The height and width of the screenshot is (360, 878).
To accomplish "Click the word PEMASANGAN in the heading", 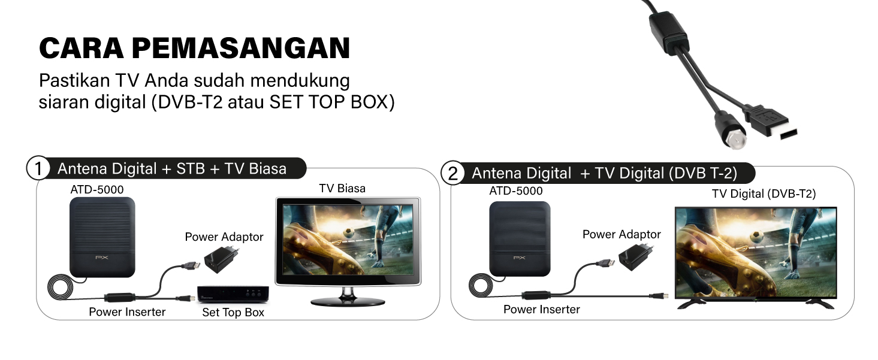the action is tap(241, 48).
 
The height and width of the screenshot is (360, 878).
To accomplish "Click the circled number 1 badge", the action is tap(38, 168).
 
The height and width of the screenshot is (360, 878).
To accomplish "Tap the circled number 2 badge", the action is tap(452, 173).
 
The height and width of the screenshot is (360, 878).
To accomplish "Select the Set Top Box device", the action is tap(233, 294).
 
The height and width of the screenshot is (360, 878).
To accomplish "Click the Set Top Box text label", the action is tap(233, 312).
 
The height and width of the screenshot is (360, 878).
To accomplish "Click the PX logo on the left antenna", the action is tap(102, 258).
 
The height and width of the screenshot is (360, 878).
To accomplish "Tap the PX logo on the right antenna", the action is tap(520, 258).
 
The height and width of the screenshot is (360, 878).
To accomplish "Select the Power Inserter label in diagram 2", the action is tap(541, 309).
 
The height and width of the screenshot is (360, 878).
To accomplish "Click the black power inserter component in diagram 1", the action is tap(119, 297).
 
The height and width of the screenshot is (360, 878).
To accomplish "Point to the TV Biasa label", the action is tap(342, 189).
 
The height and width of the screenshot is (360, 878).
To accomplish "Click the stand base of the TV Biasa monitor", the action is tap(348, 302).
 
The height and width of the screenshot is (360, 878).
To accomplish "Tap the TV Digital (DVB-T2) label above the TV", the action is tap(764, 193).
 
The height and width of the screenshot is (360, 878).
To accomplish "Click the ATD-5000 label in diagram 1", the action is tap(97, 190).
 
